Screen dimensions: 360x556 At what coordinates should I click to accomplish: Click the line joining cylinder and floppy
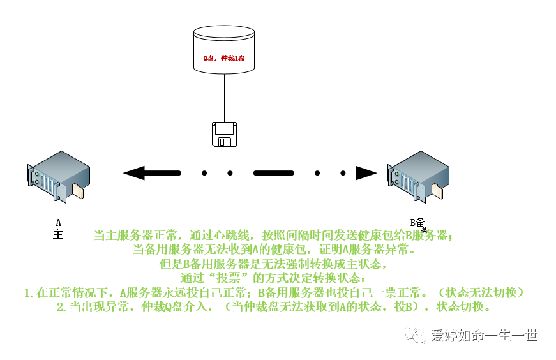click(x=224, y=96)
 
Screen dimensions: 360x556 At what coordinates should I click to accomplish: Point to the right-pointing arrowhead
click(x=366, y=172)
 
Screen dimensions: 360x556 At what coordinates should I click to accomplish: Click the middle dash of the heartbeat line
click(x=273, y=172)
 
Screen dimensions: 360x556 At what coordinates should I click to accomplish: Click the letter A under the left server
click(x=58, y=222)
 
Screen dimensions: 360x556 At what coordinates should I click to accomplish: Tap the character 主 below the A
click(x=58, y=234)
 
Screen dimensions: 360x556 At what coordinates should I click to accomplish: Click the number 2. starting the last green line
click(x=62, y=307)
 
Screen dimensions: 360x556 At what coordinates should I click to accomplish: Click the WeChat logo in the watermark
click(x=418, y=336)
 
